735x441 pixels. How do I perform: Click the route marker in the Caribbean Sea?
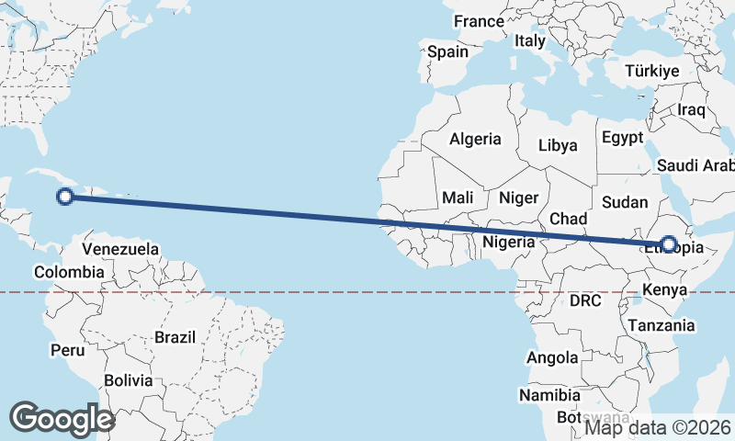tap(65, 195)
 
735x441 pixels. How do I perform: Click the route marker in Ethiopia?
tap(669, 245)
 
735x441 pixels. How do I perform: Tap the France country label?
tap(479, 21)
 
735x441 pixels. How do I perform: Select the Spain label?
tap(447, 52)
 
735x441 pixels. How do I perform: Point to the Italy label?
tap(530, 40)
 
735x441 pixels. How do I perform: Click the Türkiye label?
tap(651, 71)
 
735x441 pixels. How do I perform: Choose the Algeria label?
tap(475, 140)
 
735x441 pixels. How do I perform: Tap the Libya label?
tap(558, 145)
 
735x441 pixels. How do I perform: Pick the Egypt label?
tap(622, 138)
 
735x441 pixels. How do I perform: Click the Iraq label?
tap(690, 110)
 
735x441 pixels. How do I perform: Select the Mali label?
tap(458, 198)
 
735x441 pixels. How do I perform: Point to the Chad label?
tap(568, 219)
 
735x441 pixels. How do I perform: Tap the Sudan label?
tap(625, 202)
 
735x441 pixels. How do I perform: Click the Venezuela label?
tap(120, 249)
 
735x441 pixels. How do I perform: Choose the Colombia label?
tap(69, 272)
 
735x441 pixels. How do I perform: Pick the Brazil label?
tap(175, 337)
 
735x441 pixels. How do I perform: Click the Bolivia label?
tap(127, 380)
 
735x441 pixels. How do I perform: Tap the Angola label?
tap(553, 357)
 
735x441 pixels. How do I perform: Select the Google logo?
tap(62, 419)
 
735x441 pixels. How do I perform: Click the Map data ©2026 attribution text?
tap(658, 427)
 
